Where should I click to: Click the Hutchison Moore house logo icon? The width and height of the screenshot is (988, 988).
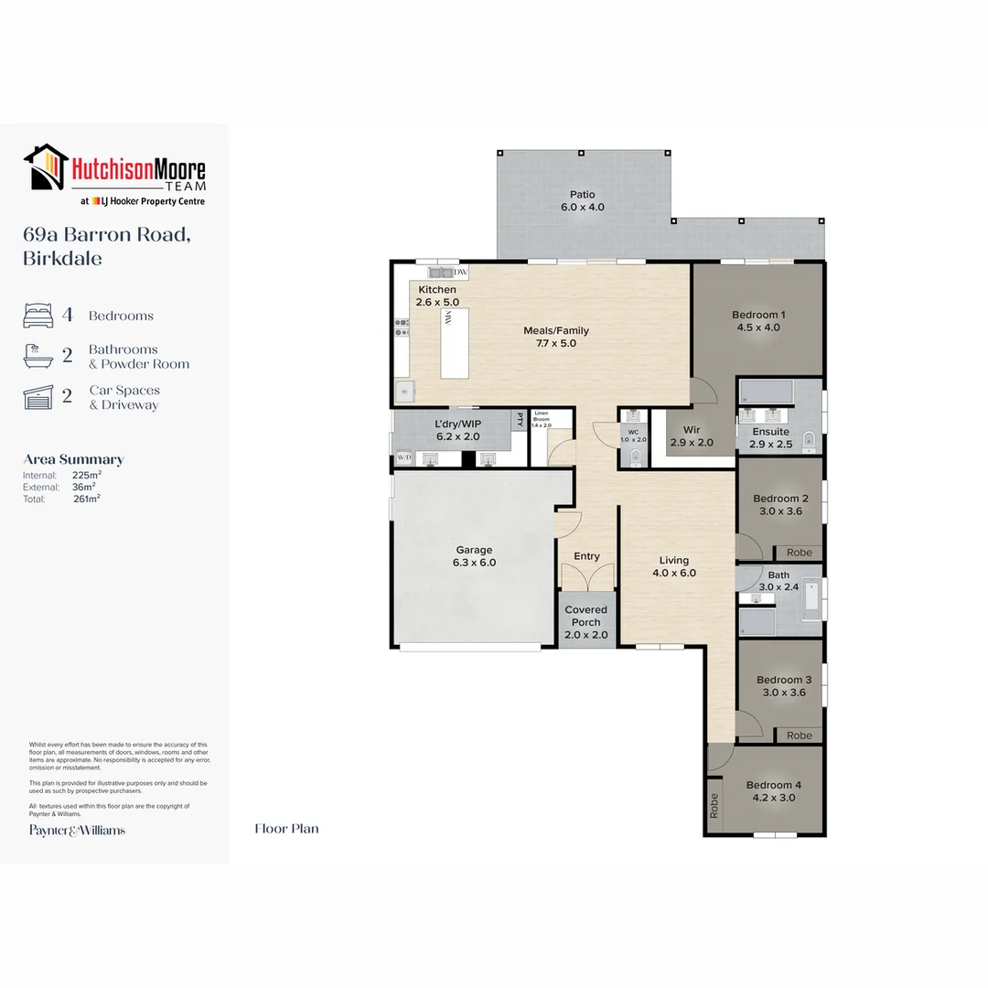tap(47, 167)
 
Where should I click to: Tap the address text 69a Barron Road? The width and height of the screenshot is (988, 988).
tap(106, 234)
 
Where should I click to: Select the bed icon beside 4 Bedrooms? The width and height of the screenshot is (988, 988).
tap(38, 316)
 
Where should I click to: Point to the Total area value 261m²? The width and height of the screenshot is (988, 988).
tap(87, 499)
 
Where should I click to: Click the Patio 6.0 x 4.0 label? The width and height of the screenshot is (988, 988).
tap(582, 200)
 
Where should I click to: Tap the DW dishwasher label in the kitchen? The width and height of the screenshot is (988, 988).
tap(460, 272)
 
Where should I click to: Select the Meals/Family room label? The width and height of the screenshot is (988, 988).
tap(555, 337)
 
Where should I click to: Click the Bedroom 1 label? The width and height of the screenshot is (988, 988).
tap(757, 321)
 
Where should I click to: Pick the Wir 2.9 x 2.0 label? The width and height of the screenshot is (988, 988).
tap(692, 435)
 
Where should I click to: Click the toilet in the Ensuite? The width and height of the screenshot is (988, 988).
tap(809, 442)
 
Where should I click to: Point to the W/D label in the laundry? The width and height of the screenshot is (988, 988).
tap(403, 457)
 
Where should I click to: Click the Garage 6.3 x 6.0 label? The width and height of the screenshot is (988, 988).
tap(474, 556)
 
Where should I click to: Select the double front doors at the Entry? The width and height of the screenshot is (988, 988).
tap(586, 578)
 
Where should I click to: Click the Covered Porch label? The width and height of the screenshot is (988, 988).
tap(585, 616)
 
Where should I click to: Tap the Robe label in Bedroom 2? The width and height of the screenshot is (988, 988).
tap(799, 553)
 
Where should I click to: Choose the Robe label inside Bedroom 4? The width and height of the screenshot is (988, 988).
tap(714, 804)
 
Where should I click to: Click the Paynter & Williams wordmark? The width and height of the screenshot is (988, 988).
tap(77, 830)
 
